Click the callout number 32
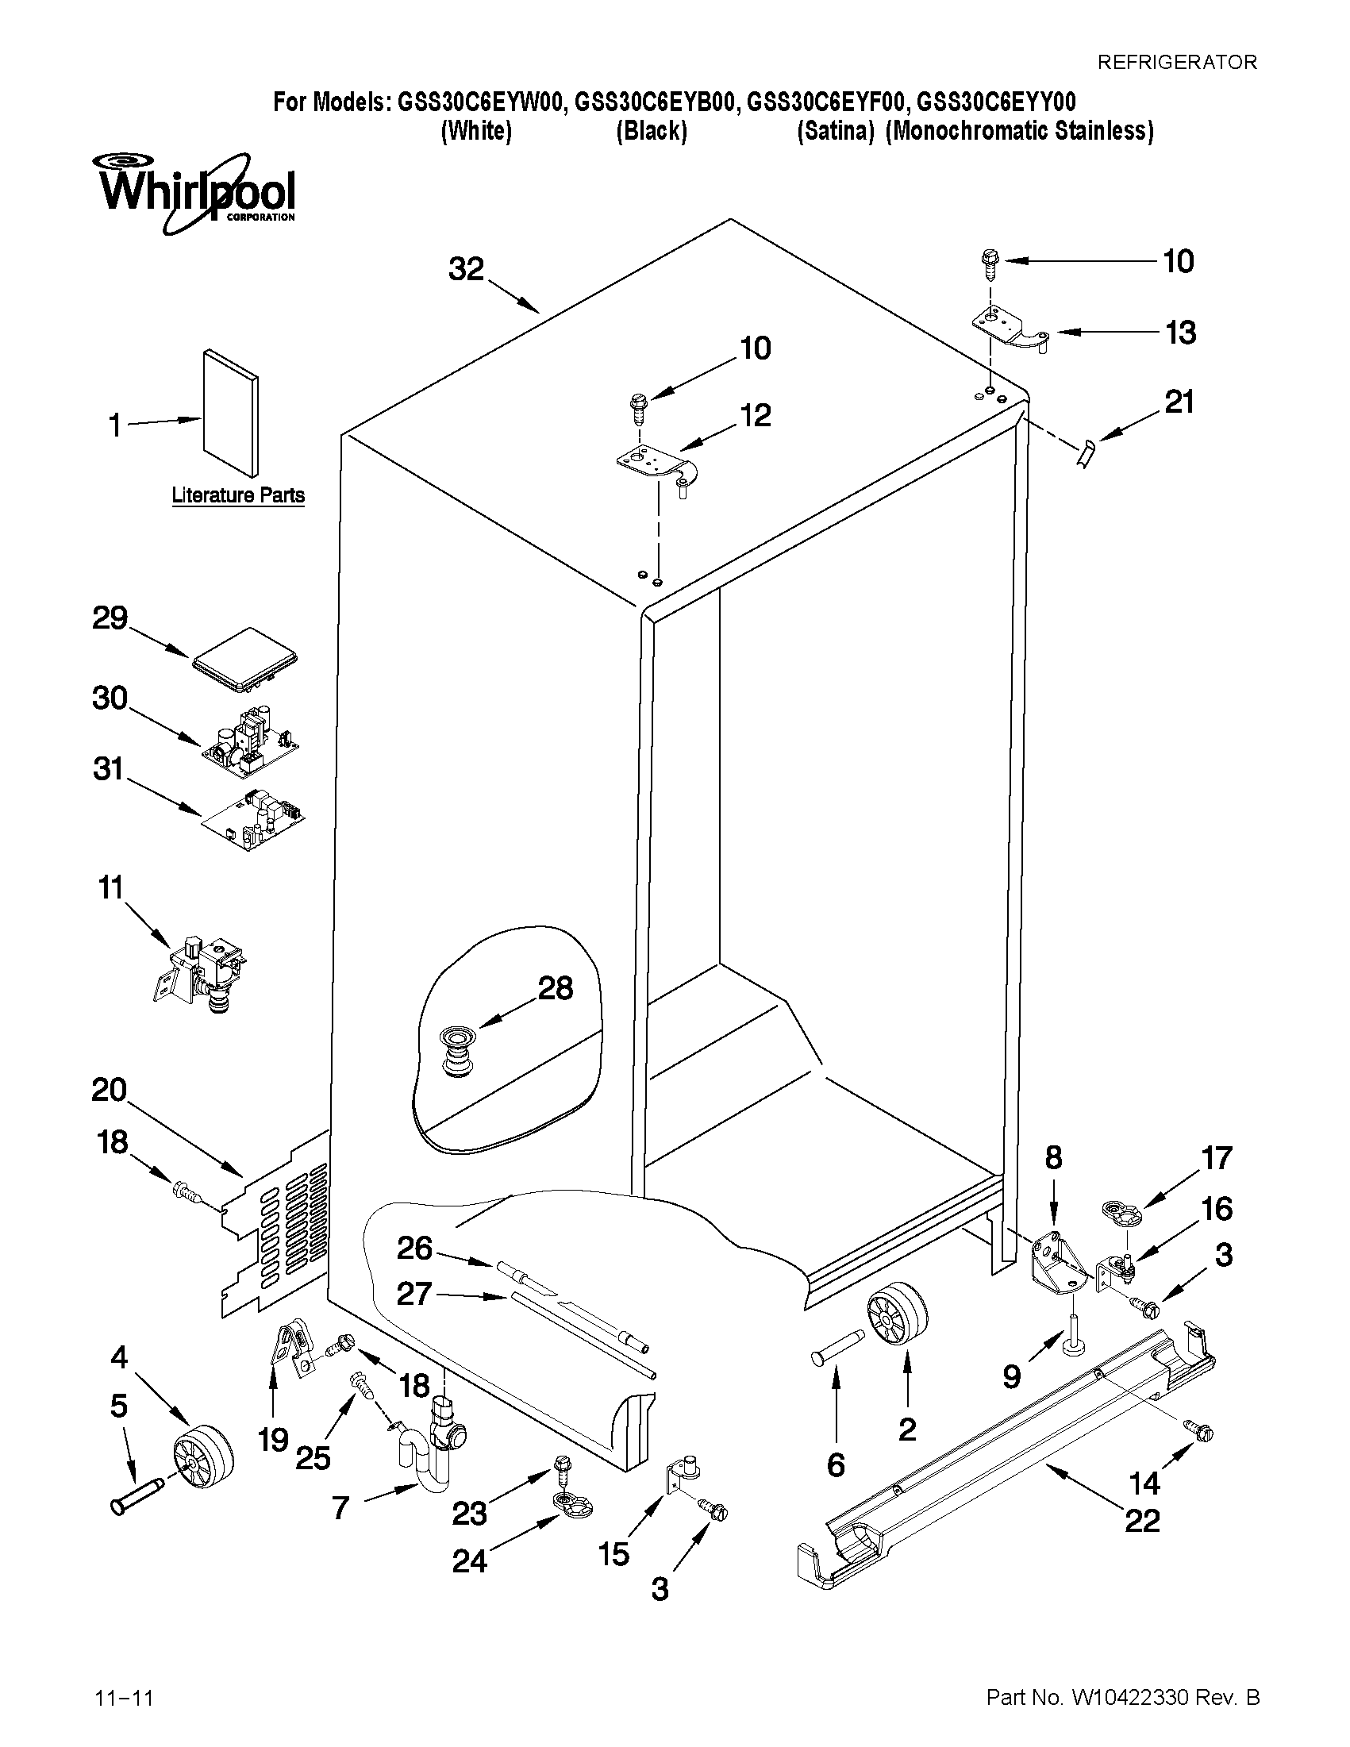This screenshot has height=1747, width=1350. coord(465,270)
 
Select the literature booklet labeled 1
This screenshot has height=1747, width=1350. coord(231,411)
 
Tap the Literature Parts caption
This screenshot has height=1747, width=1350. coord(238,495)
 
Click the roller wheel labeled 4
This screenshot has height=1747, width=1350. coord(202,1457)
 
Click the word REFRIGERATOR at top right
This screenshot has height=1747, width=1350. coord(1176,62)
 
